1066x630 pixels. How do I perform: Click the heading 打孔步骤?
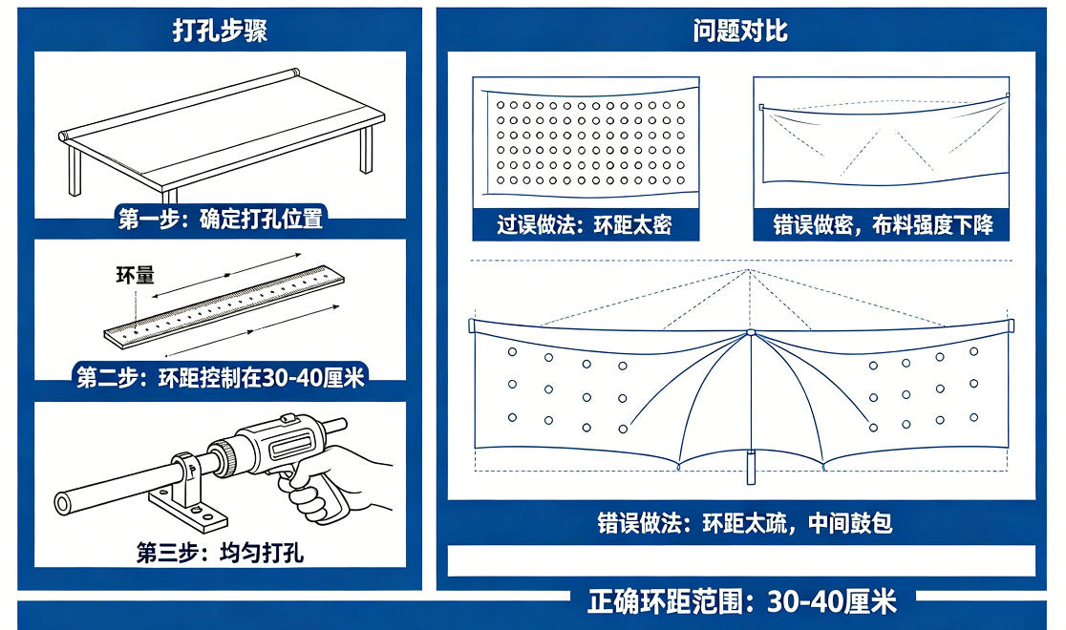[220, 31]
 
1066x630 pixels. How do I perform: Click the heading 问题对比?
[740, 31]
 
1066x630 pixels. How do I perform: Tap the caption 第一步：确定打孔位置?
[220, 220]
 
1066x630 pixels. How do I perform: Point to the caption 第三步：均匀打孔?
[220, 553]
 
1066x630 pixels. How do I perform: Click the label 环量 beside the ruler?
[135, 277]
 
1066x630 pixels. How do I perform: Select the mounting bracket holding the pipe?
[191, 496]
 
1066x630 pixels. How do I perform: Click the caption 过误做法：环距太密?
[585, 225]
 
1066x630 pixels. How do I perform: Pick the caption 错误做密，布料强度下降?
[883, 225]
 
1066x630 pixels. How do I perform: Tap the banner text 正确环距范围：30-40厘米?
[742, 601]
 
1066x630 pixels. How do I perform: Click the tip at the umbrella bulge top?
[751, 332]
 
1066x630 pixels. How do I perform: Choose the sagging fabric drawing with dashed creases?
[883, 141]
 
